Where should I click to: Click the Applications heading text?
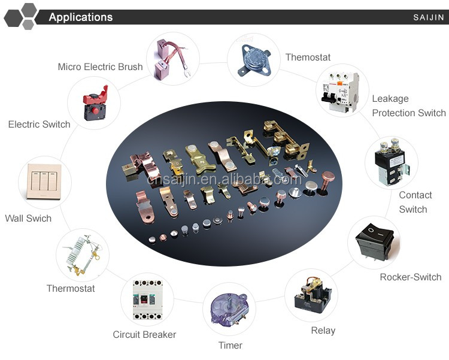[80, 17]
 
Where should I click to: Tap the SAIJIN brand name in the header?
[429, 17]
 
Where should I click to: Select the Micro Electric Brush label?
[100, 66]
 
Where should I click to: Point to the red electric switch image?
[94, 102]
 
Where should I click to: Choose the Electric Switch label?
[39, 125]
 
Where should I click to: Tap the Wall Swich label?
[28, 218]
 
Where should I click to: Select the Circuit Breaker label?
[144, 334]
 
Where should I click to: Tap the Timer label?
[230, 345]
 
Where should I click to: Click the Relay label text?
[323, 330]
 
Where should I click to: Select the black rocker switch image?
[374, 242]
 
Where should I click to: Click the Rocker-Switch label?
[411, 277]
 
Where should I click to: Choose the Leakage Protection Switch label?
[409, 105]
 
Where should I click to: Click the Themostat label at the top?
[308, 58]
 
